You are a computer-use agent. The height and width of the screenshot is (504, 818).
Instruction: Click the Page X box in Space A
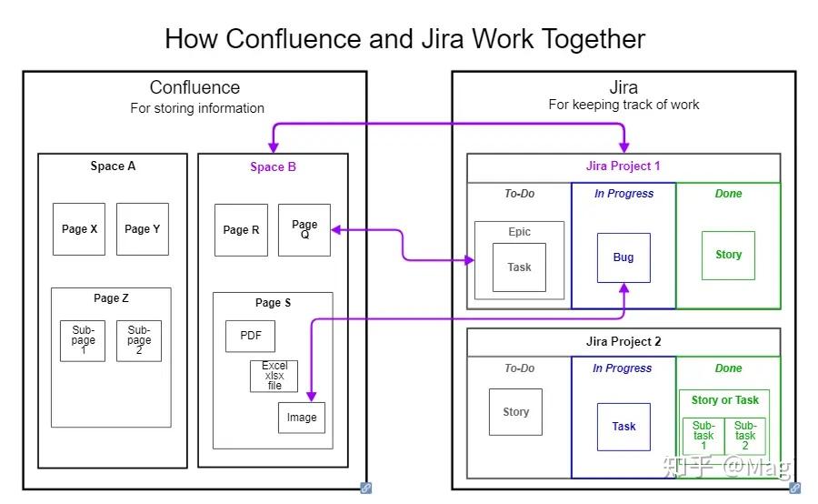tap(79, 229)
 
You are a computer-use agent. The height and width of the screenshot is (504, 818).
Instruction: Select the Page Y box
tap(143, 229)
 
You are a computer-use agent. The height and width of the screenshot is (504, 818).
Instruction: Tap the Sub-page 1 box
tap(83, 340)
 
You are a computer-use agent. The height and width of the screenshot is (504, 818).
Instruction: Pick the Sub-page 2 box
tap(139, 340)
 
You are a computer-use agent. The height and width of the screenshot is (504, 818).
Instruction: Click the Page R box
tap(241, 230)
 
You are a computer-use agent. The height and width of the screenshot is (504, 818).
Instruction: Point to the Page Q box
tap(304, 229)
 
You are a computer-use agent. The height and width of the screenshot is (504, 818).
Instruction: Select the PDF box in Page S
tap(250, 336)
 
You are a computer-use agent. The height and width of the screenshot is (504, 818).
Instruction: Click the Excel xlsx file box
tap(274, 376)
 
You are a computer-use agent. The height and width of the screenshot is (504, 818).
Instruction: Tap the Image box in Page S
tap(302, 418)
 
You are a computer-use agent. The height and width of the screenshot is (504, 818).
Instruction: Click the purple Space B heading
tap(273, 166)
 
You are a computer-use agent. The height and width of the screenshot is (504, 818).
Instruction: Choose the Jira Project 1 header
tap(623, 166)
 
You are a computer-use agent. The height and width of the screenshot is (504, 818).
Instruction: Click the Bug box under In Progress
tap(623, 257)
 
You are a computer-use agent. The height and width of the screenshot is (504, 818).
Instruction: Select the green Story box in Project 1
tap(728, 256)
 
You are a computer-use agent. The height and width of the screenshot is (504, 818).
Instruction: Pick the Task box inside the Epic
tap(519, 267)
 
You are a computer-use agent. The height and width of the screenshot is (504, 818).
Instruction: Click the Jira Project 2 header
tap(623, 342)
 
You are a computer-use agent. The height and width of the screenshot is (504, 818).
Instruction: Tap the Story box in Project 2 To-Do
tap(515, 412)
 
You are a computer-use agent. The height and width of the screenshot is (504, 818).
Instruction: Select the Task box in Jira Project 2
tap(623, 427)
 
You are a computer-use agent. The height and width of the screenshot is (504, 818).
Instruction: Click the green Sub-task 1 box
tap(703, 435)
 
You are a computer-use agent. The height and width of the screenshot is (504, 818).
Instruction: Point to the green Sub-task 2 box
tap(745, 435)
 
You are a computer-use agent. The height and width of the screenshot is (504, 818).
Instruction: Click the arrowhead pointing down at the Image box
tap(311, 396)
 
